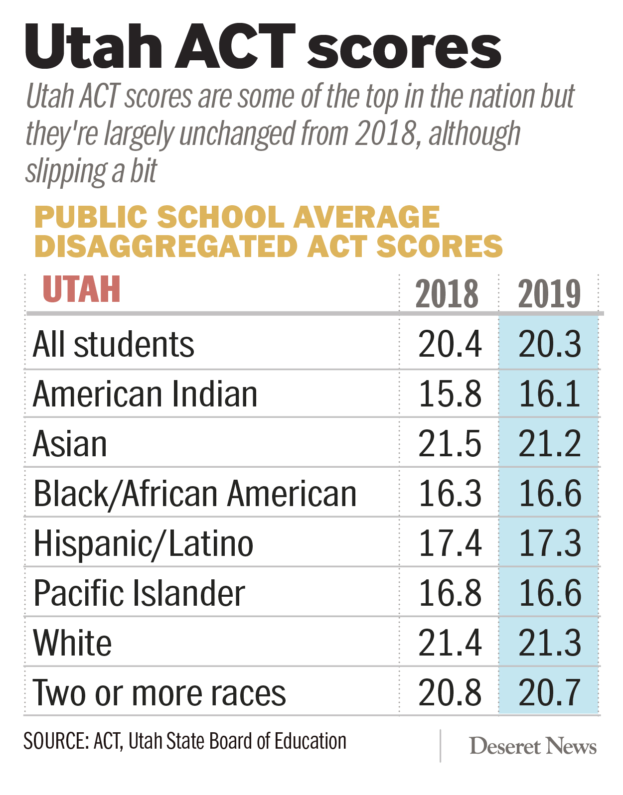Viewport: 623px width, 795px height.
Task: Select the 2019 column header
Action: tap(549, 294)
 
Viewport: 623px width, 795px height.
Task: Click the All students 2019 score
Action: tap(549, 344)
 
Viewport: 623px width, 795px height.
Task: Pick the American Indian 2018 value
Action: tap(450, 394)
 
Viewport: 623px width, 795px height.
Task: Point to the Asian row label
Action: tap(70, 444)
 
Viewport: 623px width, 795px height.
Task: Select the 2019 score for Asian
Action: tap(549, 444)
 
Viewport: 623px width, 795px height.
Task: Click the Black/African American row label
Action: tap(195, 494)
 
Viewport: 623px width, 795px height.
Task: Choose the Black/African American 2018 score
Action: tap(450, 494)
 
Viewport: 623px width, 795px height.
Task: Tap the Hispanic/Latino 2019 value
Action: tap(549, 543)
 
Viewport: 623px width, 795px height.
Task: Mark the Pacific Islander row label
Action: tap(139, 593)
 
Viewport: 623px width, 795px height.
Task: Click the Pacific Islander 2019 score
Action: tap(549, 593)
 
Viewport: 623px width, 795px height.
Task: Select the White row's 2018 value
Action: tap(450, 643)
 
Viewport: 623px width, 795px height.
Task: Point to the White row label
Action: tap(72, 643)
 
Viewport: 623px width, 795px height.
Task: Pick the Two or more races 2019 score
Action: tap(549, 693)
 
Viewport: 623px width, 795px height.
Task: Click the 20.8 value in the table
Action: tap(450, 693)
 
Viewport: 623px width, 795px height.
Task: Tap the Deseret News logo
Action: tap(533, 746)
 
